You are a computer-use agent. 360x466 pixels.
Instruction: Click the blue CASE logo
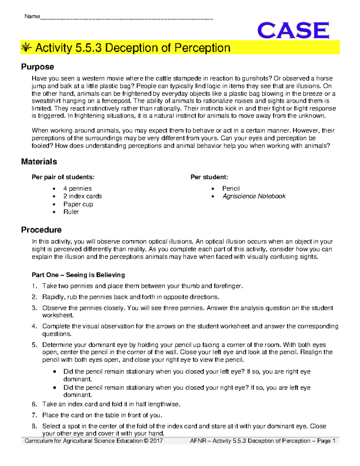pyautogui.click(x=293, y=30)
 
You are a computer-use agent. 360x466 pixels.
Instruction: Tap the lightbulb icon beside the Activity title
pyautogui.click(x=26, y=47)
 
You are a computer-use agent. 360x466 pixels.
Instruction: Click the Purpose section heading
pyautogui.click(x=37, y=67)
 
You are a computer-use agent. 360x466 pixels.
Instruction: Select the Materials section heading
pyautogui.click(x=39, y=161)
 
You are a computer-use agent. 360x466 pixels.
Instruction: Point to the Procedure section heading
pyautogui.click(x=41, y=230)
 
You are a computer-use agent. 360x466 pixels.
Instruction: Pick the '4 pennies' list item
pyautogui.click(x=77, y=188)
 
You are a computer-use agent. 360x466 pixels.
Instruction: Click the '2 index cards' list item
pyautogui.click(x=82, y=196)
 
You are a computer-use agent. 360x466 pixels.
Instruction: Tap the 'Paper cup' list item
pyautogui.click(x=78, y=204)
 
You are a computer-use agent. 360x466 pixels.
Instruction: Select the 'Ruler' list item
pyautogui.click(x=71, y=212)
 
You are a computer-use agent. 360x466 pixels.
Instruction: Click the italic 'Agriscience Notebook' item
pyautogui.click(x=254, y=196)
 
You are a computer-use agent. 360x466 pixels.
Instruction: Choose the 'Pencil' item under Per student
pyautogui.click(x=231, y=188)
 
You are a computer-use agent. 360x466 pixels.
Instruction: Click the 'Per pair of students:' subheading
pyautogui.click(x=63, y=177)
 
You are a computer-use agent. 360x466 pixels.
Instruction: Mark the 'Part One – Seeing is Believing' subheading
pyautogui.click(x=78, y=275)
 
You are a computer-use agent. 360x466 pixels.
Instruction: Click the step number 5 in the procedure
pyautogui.click(x=34, y=345)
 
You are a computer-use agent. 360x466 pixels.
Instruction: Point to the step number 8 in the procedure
pyautogui.click(x=34, y=426)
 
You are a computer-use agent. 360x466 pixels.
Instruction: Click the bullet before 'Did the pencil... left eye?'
pyautogui.click(x=54, y=371)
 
